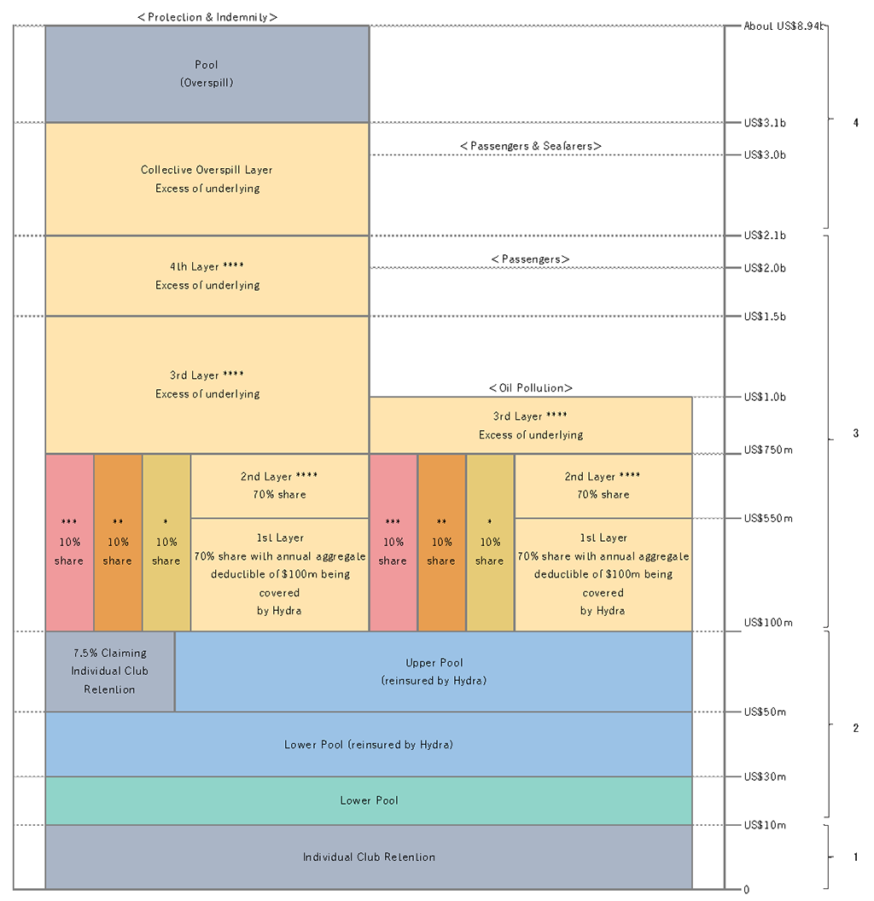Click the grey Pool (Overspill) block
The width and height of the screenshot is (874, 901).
pyautogui.click(x=207, y=74)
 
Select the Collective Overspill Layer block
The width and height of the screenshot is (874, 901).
pyautogui.click(x=207, y=179)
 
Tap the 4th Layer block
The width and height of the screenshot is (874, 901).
pyautogui.click(x=207, y=276)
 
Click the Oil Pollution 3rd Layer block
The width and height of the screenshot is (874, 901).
pyautogui.click(x=530, y=425)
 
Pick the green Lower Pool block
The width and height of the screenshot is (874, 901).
pyautogui.click(x=369, y=800)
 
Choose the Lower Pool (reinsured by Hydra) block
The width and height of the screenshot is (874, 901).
pyautogui.click(x=369, y=744)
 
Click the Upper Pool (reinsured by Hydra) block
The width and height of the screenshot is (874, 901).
pyautogui.click(x=434, y=671)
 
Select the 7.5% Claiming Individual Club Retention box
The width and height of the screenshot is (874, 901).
pyautogui.click(x=110, y=671)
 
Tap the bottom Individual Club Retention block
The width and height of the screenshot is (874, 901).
pyautogui.click(x=369, y=857)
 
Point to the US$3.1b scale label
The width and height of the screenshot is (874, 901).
pyautogui.click(x=765, y=123)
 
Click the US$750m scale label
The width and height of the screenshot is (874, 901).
pyautogui.click(x=768, y=450)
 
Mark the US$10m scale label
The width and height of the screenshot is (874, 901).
pyautogui.click(x=765, y=825)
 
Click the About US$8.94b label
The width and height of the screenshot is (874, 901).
pyautogui.click(x=784, y=26)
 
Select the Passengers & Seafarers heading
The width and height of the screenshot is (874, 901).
pyautogui.click(x=530, y=147)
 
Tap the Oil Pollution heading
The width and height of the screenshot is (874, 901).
pyautogui.click(x=530, y=388)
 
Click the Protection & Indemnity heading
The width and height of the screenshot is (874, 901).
pyautogui.click(x=207, y=16)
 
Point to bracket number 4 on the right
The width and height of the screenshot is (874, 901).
pyautogui.click(x=855, y=123)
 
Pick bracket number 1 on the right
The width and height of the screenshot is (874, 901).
pyautogui.click(x=855, y=857)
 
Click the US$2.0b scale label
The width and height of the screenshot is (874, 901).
pyautogui.click(x=765, y=268)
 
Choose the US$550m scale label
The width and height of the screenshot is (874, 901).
pyautogui.click(x=768, y=518)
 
